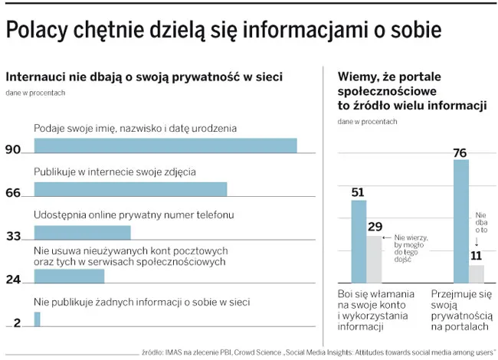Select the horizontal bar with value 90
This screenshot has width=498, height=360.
165,146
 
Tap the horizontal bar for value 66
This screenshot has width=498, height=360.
130,189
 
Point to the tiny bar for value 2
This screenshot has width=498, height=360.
37,319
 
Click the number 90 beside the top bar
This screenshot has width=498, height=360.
12,150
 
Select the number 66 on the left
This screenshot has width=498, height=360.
12,194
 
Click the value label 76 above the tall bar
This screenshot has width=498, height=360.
460,152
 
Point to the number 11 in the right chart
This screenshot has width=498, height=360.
477,256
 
